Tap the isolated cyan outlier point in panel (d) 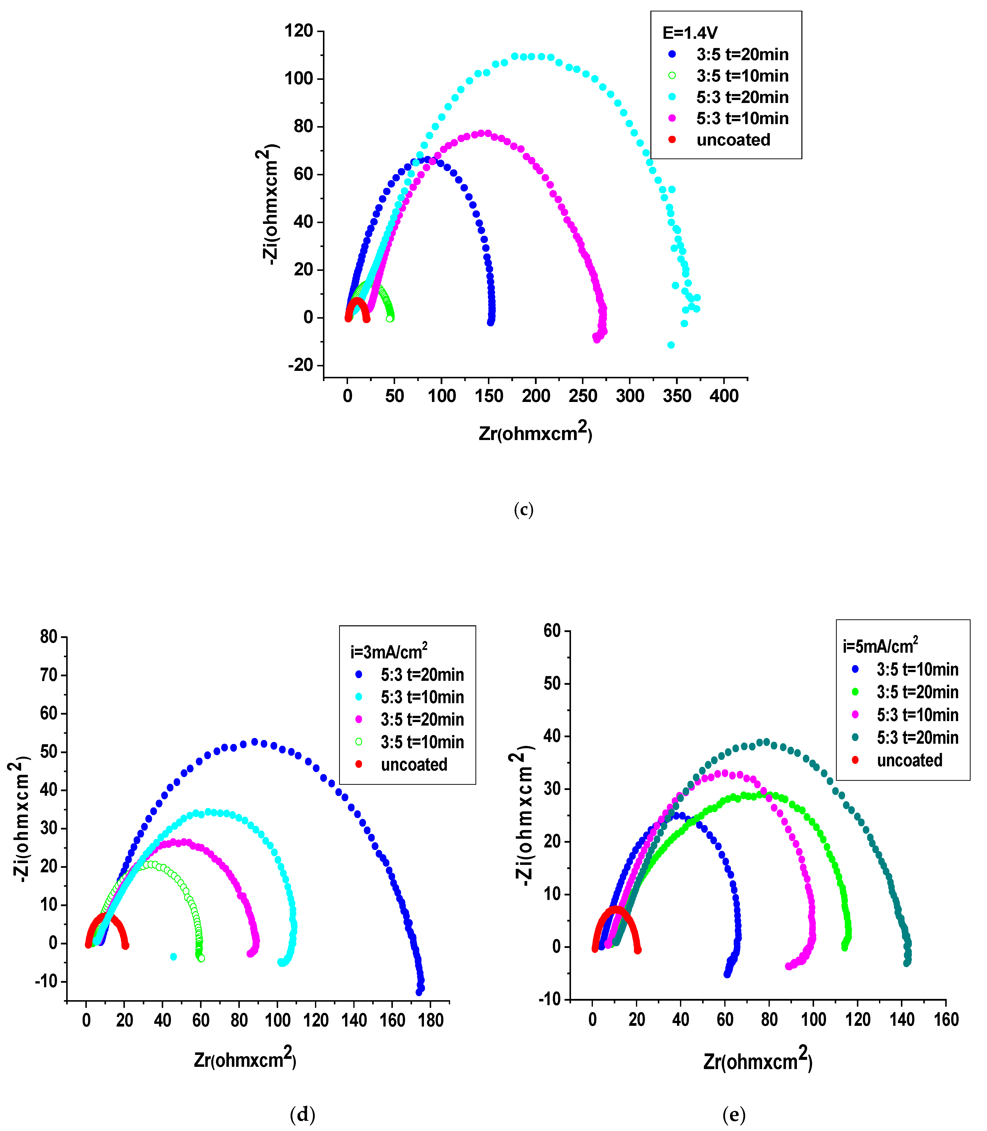(x=173, y=956)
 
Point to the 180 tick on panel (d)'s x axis (x=430, y=1020)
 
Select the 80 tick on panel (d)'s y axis (x=49, y=637)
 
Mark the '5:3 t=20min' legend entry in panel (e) (x=917, y=737)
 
